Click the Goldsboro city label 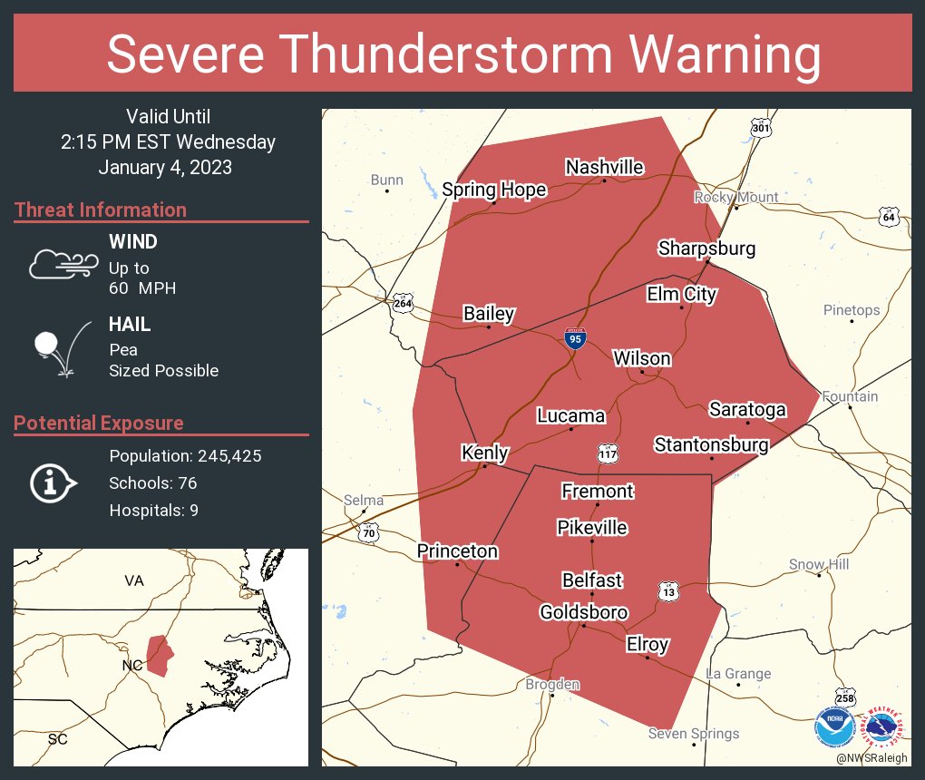583,612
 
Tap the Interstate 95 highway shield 575,339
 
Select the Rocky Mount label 735,197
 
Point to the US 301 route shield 761,129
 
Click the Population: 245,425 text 185,456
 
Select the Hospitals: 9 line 153,511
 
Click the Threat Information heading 101,210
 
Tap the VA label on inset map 134,580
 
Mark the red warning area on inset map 159,655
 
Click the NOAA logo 833,726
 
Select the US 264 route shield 402,303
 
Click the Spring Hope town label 494,190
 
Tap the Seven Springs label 693,734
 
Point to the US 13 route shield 669,592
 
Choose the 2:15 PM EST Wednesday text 168,142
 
